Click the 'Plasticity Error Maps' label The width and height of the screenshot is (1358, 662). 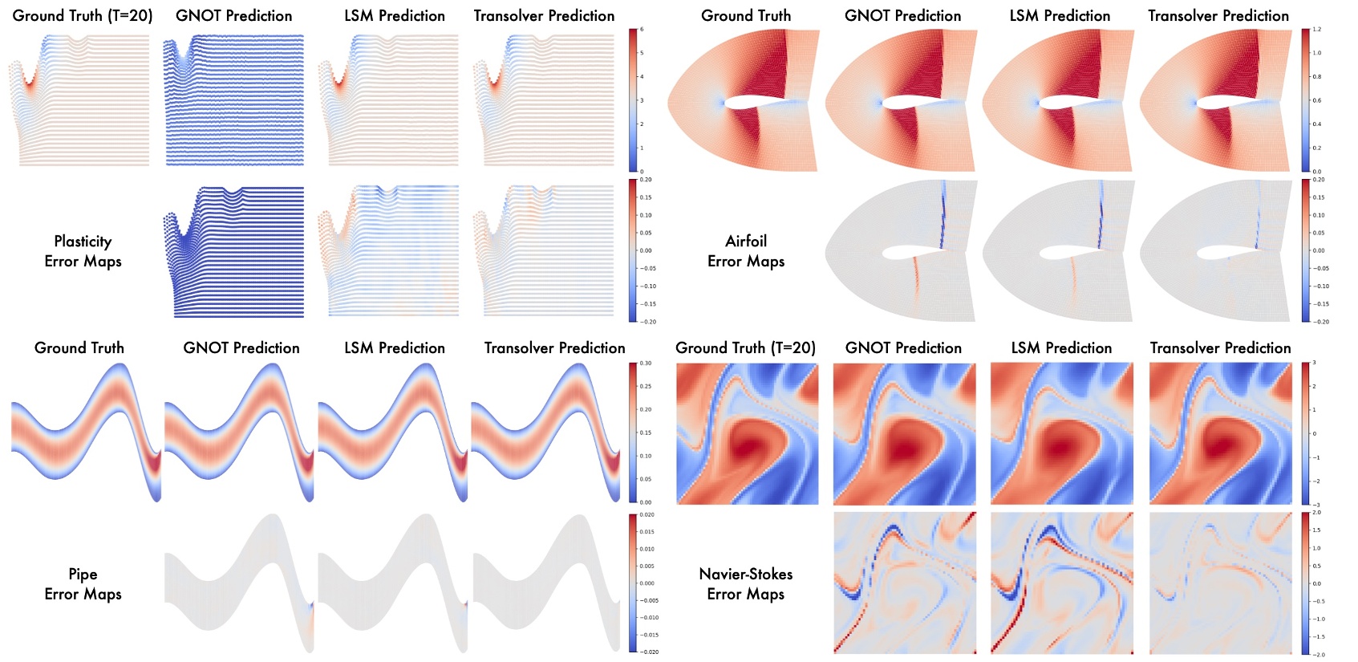click(83, 251)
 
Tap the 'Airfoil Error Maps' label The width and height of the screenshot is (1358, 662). click(746, 251)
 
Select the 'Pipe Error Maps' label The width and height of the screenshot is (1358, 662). click(83, 583)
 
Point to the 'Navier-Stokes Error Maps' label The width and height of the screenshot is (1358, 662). click(746, 583)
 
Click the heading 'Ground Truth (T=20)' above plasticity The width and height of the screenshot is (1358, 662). click(83, 15)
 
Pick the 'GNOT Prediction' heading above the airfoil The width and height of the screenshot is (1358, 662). click(902, 15)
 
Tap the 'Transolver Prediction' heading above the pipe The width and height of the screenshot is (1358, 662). click(554, 347)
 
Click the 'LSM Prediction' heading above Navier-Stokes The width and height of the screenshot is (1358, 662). click(1061, 347)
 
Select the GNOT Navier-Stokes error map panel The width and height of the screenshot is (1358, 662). click(905, 583)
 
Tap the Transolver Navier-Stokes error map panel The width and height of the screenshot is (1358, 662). click(1220, 583)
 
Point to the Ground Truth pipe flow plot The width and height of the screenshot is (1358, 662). click(86, 433)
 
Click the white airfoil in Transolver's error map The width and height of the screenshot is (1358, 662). click(1231, 253)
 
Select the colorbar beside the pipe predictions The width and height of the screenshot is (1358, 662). click(633, 433)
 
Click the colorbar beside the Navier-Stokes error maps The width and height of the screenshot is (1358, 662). click(1305, 583)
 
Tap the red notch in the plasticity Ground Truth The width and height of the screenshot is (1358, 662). click(30, 80)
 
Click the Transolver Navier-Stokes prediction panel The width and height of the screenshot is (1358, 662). click(1220, 433)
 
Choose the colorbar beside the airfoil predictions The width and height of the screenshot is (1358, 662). click(1305, 100)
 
